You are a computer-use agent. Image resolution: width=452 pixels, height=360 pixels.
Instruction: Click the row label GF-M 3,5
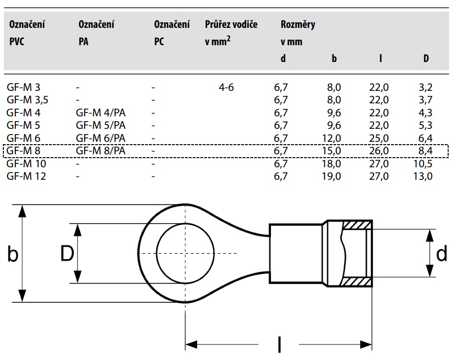[27, 100]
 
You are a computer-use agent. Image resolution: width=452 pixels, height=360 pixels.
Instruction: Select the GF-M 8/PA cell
[100, 150]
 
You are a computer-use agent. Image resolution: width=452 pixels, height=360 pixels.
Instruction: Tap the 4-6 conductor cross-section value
[226, 87]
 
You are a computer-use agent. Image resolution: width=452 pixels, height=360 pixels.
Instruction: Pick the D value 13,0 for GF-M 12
[423, 176]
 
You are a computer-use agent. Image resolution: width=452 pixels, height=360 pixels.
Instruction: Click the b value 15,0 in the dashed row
[331, 150]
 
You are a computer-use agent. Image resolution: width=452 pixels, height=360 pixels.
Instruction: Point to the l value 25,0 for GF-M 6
[379, 138]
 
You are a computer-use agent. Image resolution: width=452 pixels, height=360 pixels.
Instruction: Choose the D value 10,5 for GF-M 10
[423, 163]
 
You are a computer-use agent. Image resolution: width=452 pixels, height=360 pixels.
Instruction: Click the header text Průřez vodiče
[231, 24]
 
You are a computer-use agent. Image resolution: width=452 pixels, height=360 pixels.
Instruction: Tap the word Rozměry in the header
[298, 25]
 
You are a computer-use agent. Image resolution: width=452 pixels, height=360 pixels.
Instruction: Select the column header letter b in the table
[334, 58]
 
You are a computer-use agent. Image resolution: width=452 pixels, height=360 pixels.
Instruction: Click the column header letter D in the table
[426, 58]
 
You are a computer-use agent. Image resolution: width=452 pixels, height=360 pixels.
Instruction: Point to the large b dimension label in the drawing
[12, 254]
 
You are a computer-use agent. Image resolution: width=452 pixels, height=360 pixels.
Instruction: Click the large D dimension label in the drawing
[67, 253]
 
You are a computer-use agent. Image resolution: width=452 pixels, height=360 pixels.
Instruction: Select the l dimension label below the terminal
[279, 344]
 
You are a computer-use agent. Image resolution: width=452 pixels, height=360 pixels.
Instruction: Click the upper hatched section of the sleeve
[357, 225]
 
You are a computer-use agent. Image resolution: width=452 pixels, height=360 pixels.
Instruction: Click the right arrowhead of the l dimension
[366, 345]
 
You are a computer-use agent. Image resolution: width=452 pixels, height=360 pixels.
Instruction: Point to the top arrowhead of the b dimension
[22, 211]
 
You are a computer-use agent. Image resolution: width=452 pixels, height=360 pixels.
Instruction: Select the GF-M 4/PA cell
[100, 112]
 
